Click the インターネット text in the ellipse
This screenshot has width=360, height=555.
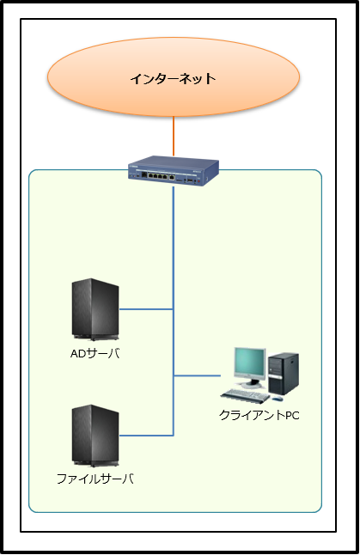[x=173, y=78]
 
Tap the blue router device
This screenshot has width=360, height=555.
[x=174, y=171]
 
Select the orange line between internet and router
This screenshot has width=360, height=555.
[x=174, y=136]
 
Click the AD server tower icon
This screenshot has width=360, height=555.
[x=95, y=309]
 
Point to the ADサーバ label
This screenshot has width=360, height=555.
[x=95, y=353]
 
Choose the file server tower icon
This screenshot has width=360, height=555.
[x=95, y=436]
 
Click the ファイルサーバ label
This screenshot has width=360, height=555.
[x=95, y=479]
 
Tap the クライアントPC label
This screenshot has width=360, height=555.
[x=259, y=415]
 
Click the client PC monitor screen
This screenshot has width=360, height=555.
[x=249, y=362]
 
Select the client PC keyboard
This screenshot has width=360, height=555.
[x=245, y=395]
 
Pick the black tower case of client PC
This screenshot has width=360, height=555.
[x=284, y=374]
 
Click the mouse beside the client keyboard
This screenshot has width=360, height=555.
[x=278, y=399]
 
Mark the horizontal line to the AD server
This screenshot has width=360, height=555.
[x=146, y=309]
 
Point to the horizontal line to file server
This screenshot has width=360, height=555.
[x=146, y=436]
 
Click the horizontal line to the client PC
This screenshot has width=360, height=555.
[x=197, y=375]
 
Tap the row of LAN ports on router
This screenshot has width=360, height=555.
[x=157, y=175]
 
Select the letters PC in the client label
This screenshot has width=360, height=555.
[x=292, y=415]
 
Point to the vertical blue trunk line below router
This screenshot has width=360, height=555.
[x=174, y=311]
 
